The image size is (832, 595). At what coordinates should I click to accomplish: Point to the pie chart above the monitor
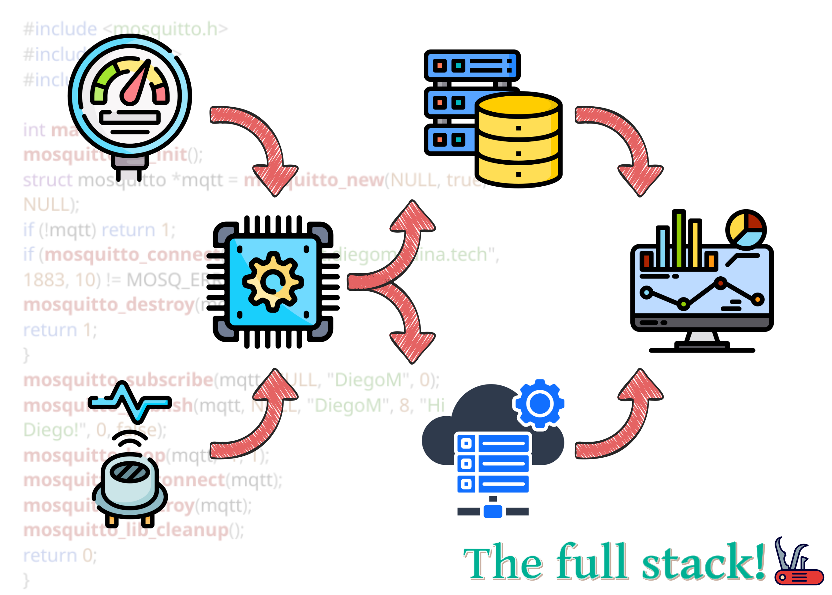click(745, 229)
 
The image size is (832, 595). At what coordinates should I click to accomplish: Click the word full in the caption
click(592, 562)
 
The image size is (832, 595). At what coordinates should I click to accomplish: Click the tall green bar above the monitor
click(679, 238)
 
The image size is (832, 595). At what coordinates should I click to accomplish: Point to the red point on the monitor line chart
click(720, 283)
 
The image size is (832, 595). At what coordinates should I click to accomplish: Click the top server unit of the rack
click(471, 66)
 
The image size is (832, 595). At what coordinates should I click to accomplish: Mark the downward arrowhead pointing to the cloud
click(412, 346)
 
